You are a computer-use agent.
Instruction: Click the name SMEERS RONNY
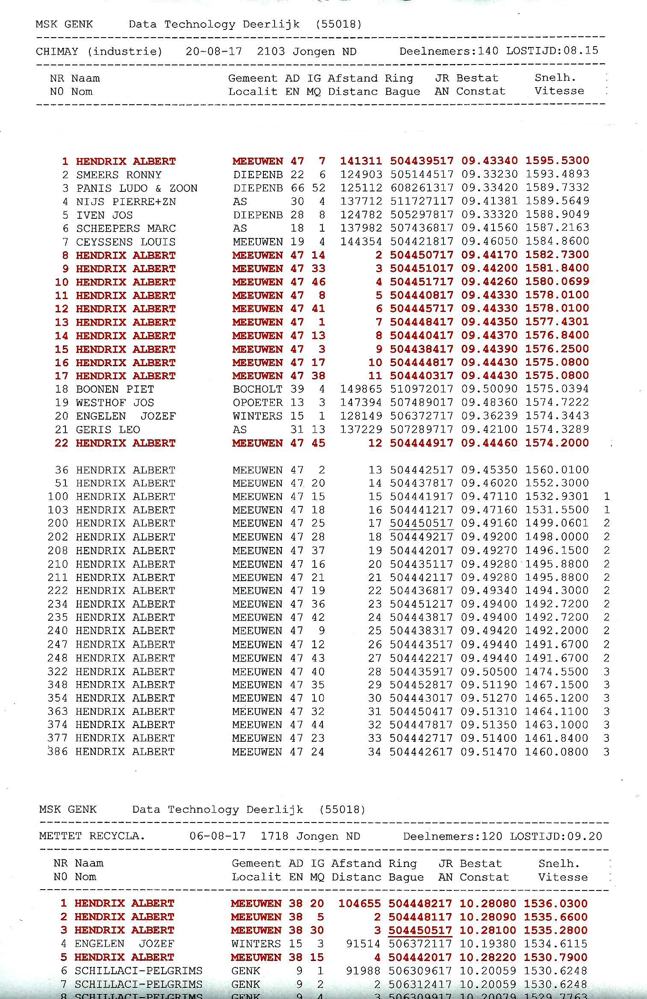click(119, 175)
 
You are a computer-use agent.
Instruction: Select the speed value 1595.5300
click(557, 161)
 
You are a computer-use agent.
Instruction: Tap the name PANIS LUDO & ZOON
click(137, 188)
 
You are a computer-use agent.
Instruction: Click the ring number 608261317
click(421, 188)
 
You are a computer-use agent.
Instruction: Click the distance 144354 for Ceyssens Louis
click(361, 241)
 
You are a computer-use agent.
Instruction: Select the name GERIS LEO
click(108, 429)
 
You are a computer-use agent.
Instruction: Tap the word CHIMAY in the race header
click(57, 52)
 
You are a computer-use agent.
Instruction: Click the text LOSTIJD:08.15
click(552, 51)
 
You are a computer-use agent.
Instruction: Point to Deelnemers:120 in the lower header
click(452, 836)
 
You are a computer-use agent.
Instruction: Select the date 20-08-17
click(214, 52)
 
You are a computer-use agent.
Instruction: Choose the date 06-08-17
click(218, 836)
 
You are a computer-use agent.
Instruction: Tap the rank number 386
click(58, 751)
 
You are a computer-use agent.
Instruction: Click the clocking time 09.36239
click(489, 416)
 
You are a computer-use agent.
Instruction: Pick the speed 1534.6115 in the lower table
click(555, 943)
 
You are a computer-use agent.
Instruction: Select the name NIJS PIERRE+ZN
click(126, 201)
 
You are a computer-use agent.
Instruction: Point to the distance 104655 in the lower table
click(359, 903)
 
